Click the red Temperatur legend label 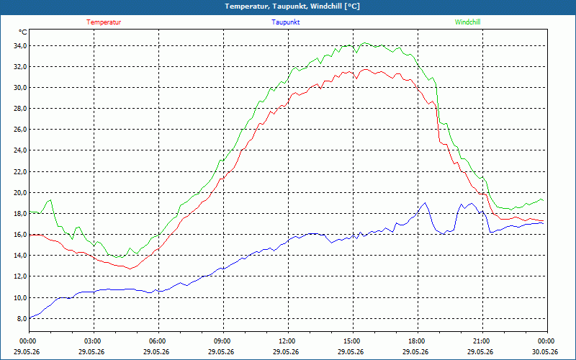click(104, 22)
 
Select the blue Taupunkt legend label click(285, 22)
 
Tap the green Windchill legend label click(467, 22)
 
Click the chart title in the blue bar click(292, 6)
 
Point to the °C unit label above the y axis click(23, 32)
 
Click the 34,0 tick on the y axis click(20, 46)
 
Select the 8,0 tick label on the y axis click(22, 318)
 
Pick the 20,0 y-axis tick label click(20, 192)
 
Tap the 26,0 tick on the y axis click(20, 130)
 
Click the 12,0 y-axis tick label click(20, 276)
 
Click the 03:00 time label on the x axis click(94, 341)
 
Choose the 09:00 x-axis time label click(223, 341)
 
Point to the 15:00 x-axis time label click(353, 341)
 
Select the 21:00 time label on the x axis click(482, 341)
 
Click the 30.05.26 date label click(546, 352)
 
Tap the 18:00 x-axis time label click(418, 341)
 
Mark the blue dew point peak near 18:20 click(425, 203)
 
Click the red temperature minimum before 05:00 click(130, 269)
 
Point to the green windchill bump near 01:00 click(50, 200)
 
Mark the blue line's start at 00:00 click(30, 318)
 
